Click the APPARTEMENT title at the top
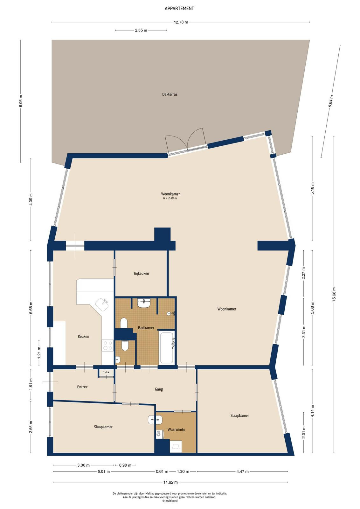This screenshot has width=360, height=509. (179, 9)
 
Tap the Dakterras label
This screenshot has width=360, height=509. (170, 94)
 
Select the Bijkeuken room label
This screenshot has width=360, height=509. (141, 273)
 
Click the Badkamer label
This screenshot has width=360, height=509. (146, 328)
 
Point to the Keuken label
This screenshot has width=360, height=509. (83, 337)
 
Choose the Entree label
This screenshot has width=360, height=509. (82, 387)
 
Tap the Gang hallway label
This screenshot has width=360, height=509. (159, 389)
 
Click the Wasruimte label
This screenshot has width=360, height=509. (176, 429)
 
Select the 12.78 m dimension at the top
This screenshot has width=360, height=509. (181, 22)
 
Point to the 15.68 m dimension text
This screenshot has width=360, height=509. (334, 294)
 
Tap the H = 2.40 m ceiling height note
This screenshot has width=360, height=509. (170, 198)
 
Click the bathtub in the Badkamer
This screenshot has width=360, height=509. (167, 347)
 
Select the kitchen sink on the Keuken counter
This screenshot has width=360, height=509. (102, 305)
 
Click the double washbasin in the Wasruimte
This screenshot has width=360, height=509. (155, 420)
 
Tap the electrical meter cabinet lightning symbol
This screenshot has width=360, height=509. (106, 372)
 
